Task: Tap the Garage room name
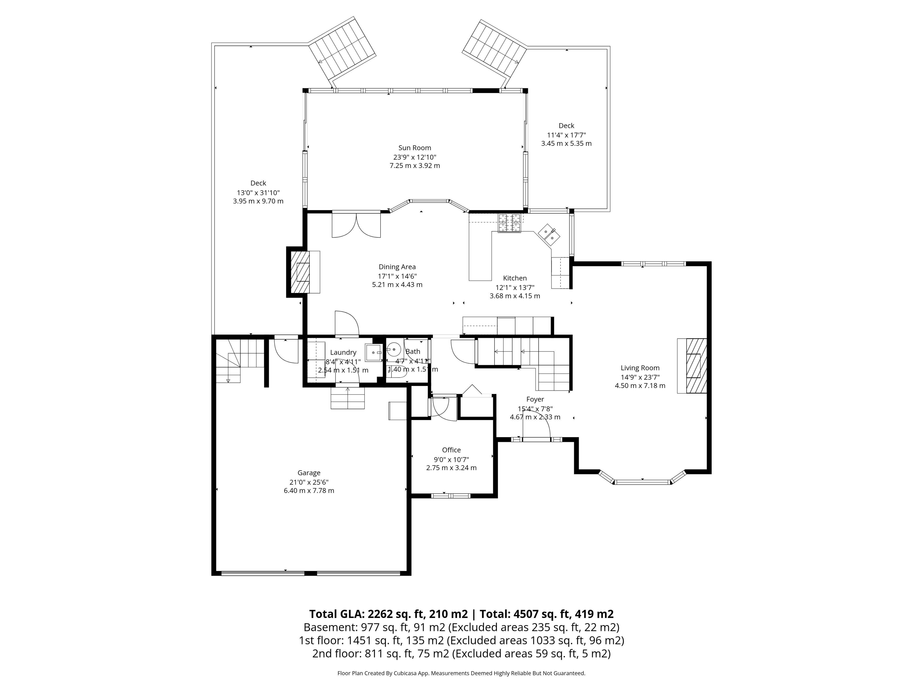coord(309,473)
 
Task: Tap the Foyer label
coord(535,399)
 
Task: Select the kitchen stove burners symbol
coord(510,223)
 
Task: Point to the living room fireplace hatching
coord(696,366)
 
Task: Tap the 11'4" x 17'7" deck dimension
coord(566,135)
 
